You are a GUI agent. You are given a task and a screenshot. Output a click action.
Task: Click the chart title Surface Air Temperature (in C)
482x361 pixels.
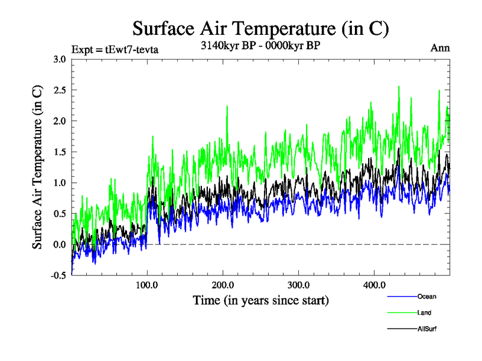point(260,28)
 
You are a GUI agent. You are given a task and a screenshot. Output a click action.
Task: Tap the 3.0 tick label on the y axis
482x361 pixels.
point(60,59)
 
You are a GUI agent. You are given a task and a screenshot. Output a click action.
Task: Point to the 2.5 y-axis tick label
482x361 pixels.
point(60,90)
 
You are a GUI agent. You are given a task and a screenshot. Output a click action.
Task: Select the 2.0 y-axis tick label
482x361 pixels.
point(60,121)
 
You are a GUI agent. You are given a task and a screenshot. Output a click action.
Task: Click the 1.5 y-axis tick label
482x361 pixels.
point(60,152)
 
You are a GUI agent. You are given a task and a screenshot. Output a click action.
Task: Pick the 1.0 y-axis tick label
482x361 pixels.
point(60,183)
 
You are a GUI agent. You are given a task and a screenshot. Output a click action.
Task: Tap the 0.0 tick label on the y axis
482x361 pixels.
point(60,245)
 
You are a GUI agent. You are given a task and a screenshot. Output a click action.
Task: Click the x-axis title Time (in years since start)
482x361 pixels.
point(261,300)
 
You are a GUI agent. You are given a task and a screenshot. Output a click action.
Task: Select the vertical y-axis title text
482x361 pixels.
point(37,167)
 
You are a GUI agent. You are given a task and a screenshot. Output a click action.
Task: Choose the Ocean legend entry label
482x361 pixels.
point(426,297)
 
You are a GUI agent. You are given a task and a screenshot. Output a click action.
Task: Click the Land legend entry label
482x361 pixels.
point(424,313)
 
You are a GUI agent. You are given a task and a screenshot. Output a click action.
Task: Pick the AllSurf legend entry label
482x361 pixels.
point(426,329)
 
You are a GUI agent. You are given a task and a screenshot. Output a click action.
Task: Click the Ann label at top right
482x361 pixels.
point(440,48)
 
